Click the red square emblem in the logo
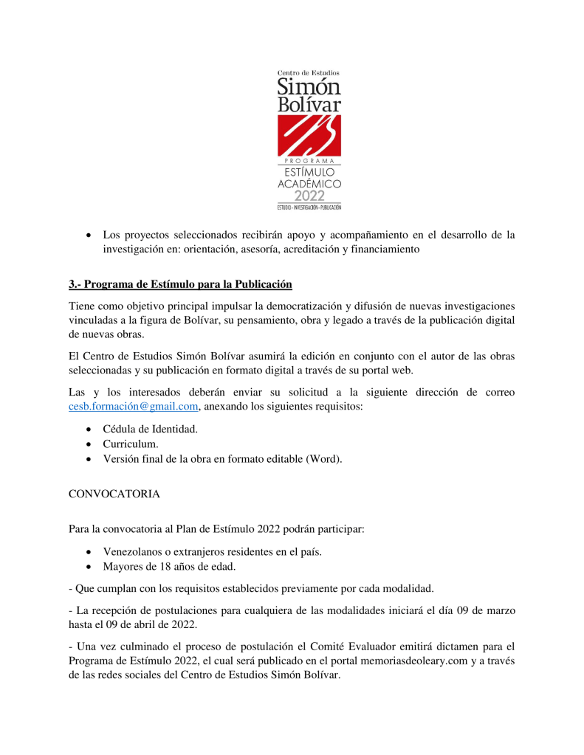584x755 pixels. tap(309, 135)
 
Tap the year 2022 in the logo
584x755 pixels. tap(309, 196)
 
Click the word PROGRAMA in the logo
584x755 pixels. tap(309, 161)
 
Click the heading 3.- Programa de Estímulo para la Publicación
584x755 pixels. tap(180, 284)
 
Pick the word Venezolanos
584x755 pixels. tap(134, 551)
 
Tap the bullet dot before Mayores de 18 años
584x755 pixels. tap(89, 567)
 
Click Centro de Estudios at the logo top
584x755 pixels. tap(309, 72)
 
